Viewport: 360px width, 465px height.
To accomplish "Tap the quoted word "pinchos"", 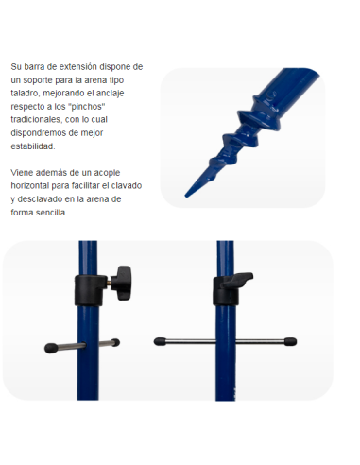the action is [x=87, y=107].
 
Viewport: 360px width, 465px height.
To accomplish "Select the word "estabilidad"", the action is [x=32, y=146].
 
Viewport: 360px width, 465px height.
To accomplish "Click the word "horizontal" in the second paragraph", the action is [x=30, y=185].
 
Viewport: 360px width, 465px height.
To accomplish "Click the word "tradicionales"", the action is [x=36, y=120].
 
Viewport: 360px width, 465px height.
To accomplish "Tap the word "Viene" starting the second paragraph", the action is [x=22, y=173].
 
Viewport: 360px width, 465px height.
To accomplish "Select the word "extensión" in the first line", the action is [x=78, y=67].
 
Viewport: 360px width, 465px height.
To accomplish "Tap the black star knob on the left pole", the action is [x=121, y=283].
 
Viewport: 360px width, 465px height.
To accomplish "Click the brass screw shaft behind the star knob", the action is [x=109, y=283].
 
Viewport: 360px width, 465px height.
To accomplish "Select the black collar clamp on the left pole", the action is [x=91, y=290].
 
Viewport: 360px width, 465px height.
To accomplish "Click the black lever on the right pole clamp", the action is [x=236, y=280].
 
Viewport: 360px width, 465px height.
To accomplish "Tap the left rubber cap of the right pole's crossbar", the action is [x=160, y=341].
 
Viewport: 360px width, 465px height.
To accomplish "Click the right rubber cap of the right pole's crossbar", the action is [x=290, y=341].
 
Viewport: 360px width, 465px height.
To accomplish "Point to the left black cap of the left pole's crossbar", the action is [x=51, y=348].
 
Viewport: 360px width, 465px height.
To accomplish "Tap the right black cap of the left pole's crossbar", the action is [x=115, y=342].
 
